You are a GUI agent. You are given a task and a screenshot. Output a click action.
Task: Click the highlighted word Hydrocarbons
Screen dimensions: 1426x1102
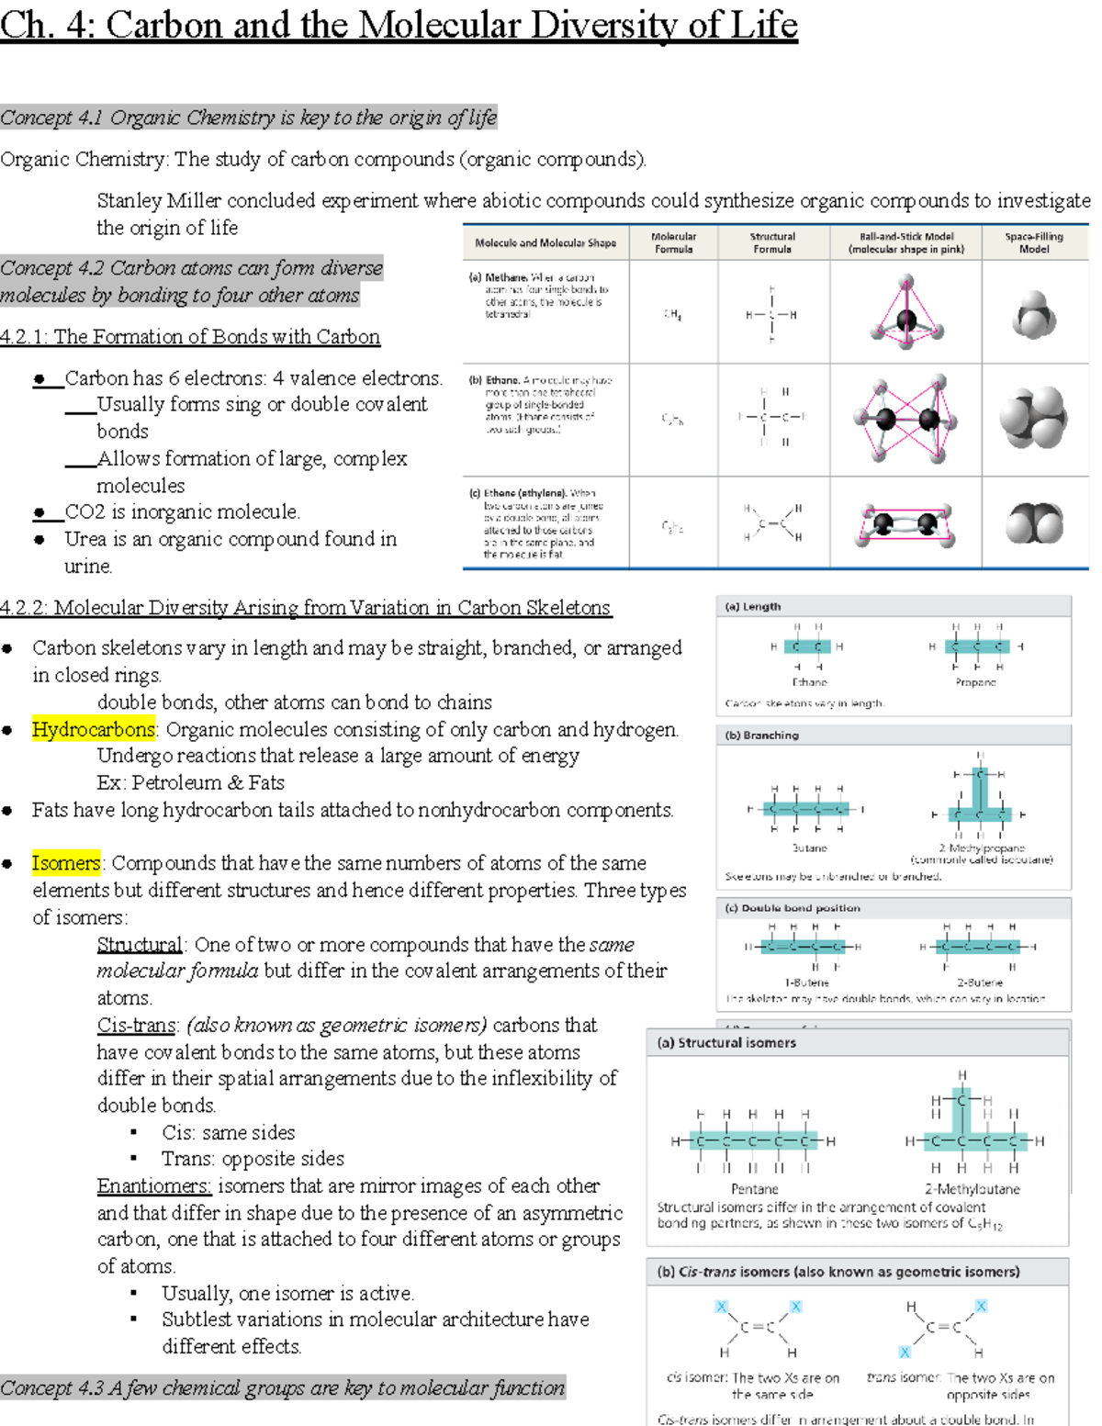point(93,729)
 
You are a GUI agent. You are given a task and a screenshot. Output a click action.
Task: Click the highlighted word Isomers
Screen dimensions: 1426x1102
point(66,863)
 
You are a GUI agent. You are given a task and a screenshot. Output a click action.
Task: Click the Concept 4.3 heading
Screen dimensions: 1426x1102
point(282,1387)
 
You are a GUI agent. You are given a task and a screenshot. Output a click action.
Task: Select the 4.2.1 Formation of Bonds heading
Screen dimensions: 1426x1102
point(190,336)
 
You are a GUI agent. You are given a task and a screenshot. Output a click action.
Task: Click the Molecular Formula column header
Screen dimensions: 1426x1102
point(673,242)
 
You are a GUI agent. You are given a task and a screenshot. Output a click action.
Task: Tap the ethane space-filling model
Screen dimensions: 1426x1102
point(1033,418)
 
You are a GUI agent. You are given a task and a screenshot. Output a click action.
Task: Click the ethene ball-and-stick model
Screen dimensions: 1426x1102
point(905,524)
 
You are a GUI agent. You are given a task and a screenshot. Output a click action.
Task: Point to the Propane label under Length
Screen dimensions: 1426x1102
point(974,682)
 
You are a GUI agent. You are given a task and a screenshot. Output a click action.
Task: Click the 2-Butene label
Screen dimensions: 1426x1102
point(979,982)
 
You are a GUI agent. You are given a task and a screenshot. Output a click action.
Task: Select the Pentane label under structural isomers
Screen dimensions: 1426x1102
point(754,1189)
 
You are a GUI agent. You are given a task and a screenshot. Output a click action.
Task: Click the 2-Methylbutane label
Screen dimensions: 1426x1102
point(973,1189)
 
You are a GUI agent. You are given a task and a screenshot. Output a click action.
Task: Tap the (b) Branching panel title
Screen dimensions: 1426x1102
point(761,735)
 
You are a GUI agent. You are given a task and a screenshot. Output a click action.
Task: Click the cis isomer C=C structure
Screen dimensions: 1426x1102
point(758,1328)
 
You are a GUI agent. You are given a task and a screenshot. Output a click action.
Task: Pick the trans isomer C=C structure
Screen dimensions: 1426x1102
point(943,1328)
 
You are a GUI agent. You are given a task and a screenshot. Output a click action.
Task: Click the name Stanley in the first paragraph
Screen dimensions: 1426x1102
point(128,200)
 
